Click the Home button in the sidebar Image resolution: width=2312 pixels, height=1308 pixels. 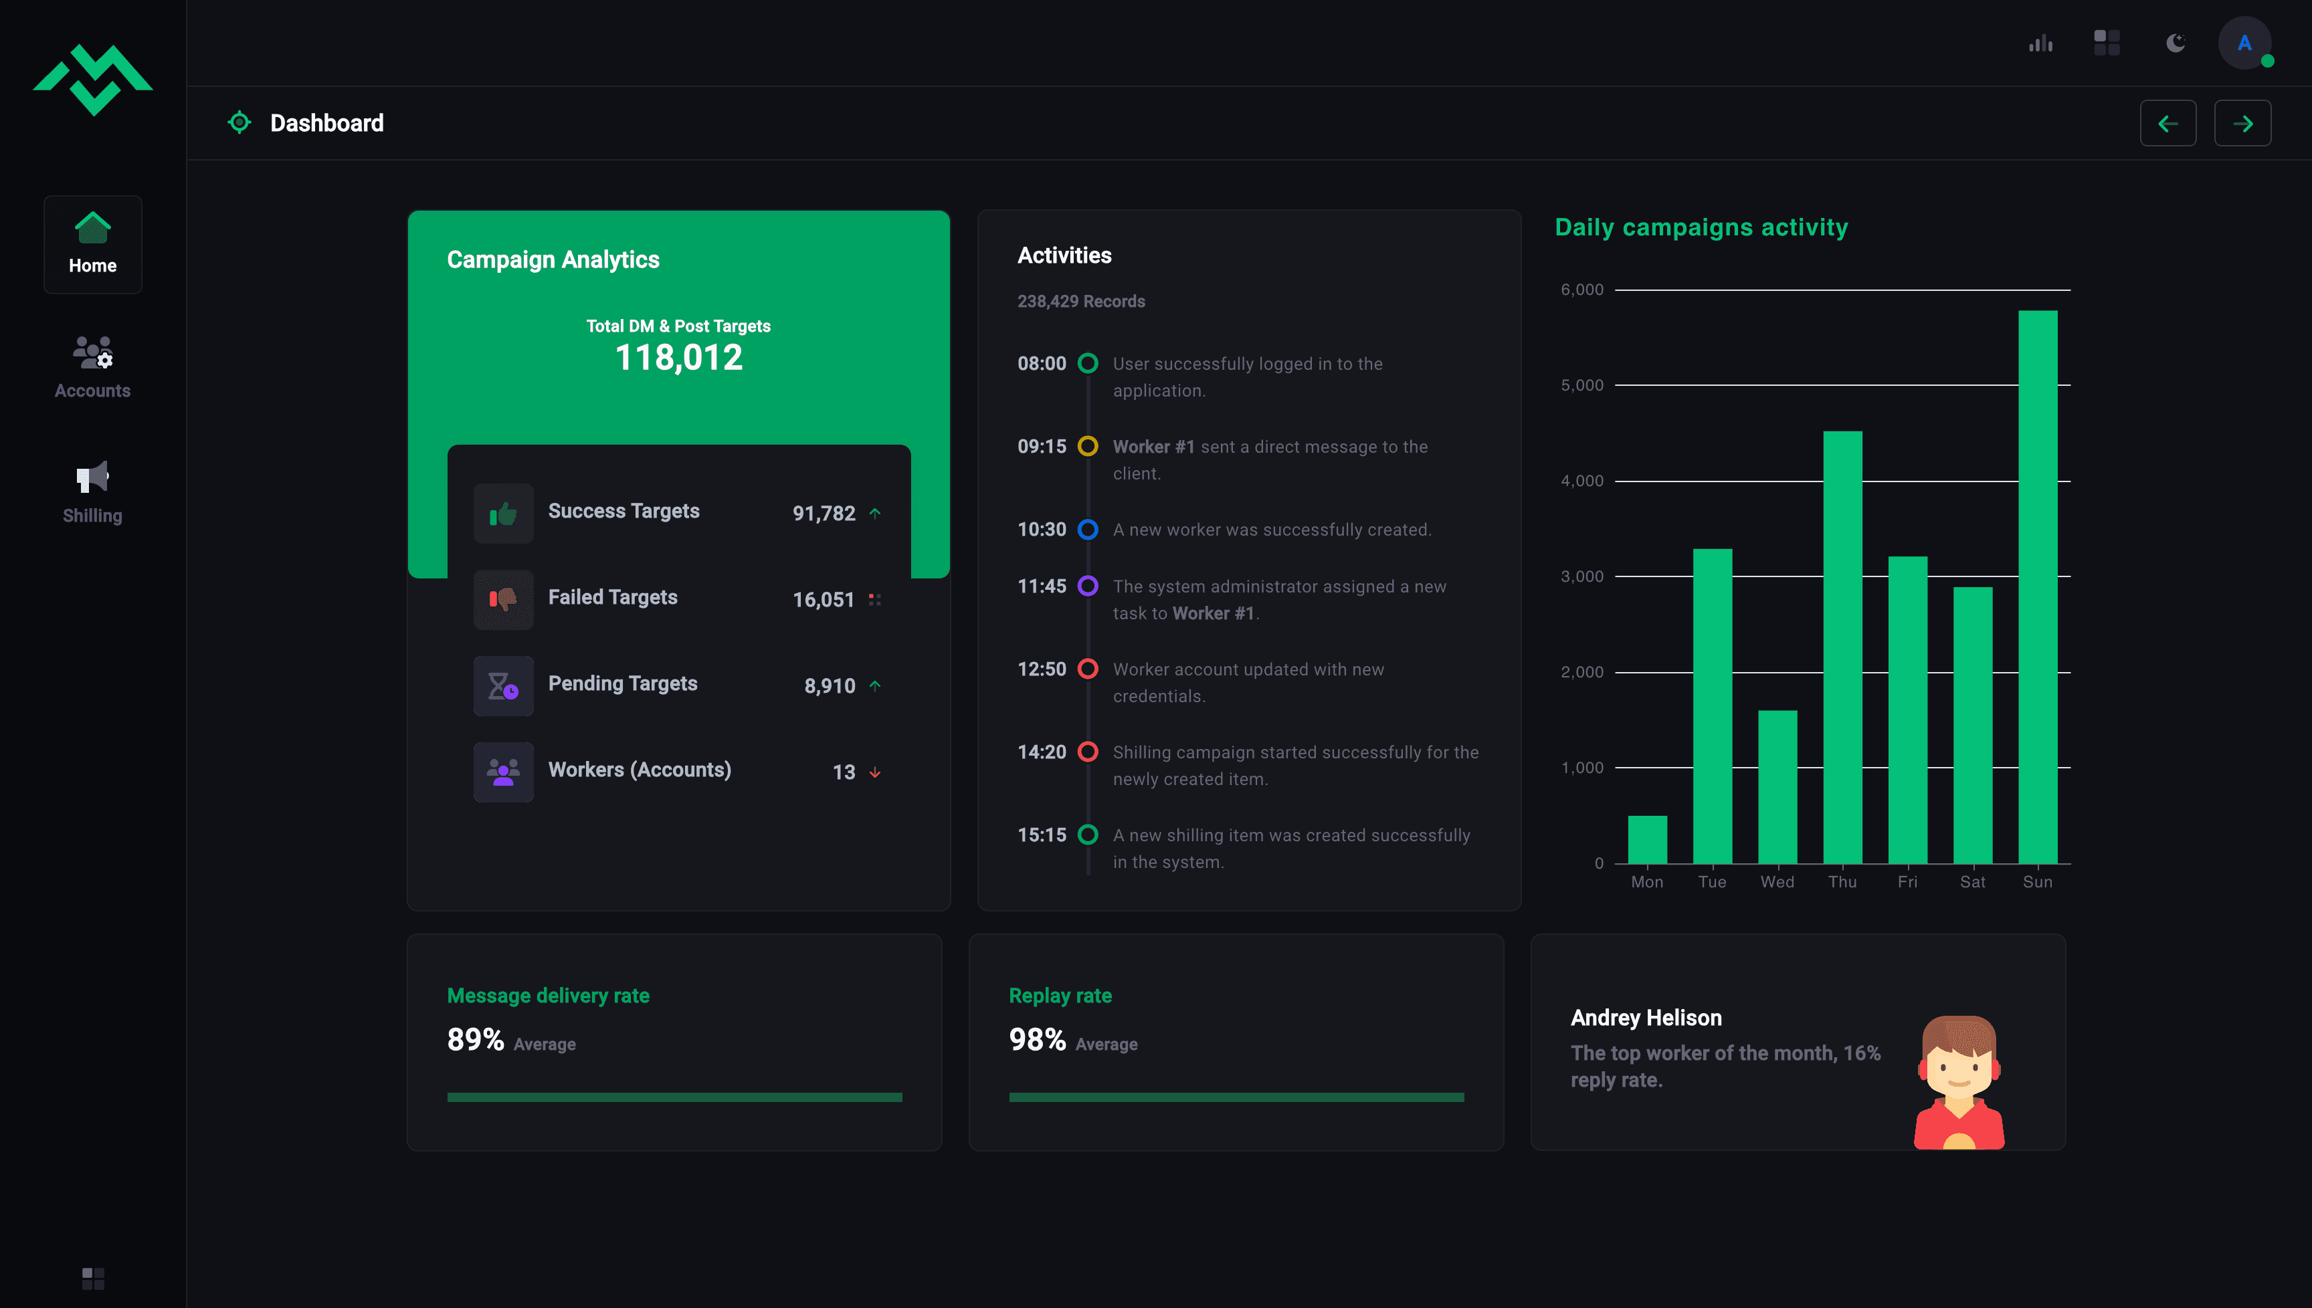pyautogui.click(x=92, y=244)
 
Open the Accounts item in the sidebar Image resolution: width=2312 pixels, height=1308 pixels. pyautogui.click(x=92, y=367)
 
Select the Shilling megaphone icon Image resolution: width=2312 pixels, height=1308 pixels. pyautogui.click(x=92, y=477)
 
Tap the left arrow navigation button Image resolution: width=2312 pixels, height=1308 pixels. pyautogui.click(x=2167, y=123)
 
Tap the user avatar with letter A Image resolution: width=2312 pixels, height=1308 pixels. pyautogui.click(x=2244, y=43)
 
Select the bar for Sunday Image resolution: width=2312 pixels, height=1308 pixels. pyautogui.click(x=2037, y=586)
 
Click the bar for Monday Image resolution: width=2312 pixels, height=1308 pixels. pyautogui.click(x=1647, y=839)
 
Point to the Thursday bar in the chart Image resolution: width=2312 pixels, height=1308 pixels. pyautogui.click(x=1842, y=647)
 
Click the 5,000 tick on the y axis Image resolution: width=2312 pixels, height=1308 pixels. pyautogui.click(x=1581, y=385)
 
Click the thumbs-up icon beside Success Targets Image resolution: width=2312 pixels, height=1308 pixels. pyautogui.click(x=503, y=514)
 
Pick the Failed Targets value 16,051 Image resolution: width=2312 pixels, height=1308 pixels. pyautogui.click(x=823, y=599)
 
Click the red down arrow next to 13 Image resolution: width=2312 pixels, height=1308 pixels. pyautogui.click(x=874, y=772)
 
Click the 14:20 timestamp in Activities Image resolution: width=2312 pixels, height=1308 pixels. pyautogui.click(x=1042, y=752)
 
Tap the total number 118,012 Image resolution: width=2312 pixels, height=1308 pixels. pyautogui.click(x=678, y=358)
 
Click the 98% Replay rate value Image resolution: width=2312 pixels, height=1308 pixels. pyautogui.click(x=1037, y=1039)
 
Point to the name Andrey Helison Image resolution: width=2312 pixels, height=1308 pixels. pyautogui.click(x=1646, y=1018)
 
